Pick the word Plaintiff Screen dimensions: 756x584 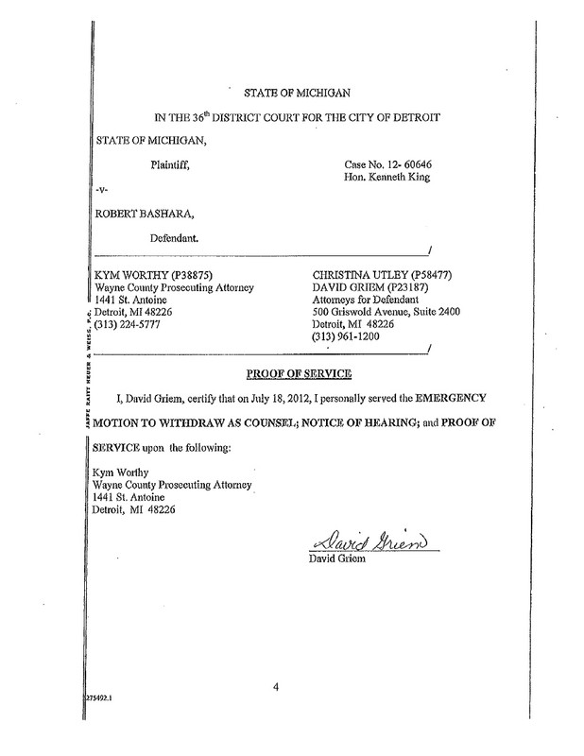pyautogui.click(x=169, y=165)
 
